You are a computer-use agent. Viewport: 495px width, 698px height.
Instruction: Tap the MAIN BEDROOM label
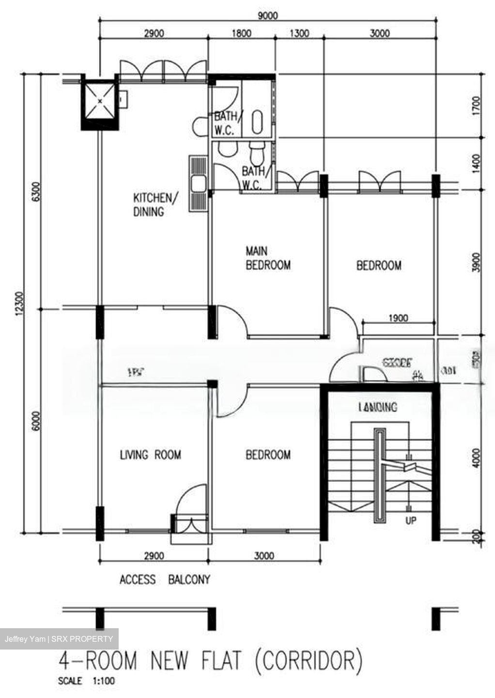268,258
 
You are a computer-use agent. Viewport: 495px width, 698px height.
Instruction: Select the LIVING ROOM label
150,455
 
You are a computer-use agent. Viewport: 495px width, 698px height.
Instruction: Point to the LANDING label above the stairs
377,407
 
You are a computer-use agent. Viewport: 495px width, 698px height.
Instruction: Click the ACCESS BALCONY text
165,580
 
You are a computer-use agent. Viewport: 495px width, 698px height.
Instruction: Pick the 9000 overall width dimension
267,16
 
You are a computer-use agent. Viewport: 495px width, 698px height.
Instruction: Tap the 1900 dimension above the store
398,318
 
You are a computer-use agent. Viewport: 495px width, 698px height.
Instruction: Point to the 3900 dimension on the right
477,262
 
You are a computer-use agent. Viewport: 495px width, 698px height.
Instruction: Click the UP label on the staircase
410,521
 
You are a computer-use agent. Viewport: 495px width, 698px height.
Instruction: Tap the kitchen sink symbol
199,184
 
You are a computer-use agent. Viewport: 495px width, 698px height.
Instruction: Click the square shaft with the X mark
100,101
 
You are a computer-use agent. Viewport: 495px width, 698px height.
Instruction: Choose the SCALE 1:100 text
87,681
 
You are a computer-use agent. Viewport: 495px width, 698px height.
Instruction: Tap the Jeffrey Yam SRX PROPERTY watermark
59,639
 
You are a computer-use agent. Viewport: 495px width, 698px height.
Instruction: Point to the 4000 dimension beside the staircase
477,458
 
